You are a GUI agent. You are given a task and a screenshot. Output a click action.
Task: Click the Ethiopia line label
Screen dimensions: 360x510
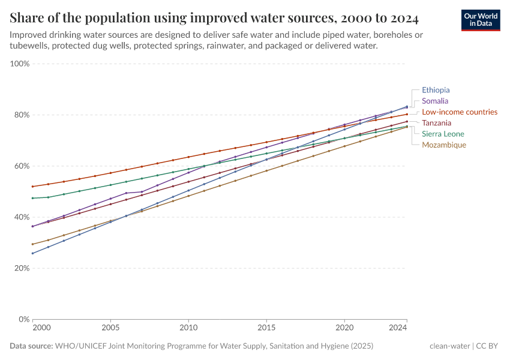[436, 90]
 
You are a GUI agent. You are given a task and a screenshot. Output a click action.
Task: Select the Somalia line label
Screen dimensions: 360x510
[435, 101]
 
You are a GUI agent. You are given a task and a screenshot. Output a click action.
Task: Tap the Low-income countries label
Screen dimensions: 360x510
[460, 112]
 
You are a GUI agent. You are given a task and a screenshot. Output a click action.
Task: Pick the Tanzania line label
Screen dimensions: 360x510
[437, 123]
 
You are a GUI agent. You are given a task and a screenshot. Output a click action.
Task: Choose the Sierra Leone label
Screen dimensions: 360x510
[443, 134]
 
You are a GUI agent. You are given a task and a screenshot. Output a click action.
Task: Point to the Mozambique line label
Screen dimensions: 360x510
[444, 145]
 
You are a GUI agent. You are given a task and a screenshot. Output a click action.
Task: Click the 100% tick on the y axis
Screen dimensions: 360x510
[20, 64]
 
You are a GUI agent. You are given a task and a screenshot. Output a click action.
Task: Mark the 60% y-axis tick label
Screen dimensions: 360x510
[22, 166]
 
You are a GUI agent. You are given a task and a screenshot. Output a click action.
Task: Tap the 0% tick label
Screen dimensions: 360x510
[25, 319]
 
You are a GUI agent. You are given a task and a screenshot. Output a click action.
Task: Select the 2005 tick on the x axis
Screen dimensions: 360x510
[110, 328]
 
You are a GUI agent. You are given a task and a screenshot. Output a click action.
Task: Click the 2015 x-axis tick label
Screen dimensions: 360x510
[266, 328]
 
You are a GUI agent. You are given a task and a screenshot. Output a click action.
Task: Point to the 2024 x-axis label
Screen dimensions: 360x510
[398, 328]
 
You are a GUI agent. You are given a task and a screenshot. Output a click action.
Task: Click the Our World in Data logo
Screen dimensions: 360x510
[481, 20]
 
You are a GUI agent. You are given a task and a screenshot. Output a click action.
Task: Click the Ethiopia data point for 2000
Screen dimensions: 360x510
[32, 253]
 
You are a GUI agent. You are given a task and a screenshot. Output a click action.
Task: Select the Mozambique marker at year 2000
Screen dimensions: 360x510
[32, 244]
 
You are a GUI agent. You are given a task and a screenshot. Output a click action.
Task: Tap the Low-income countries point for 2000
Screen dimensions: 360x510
[32, 187]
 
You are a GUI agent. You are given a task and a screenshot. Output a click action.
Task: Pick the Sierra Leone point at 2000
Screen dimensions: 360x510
[32, 198]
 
